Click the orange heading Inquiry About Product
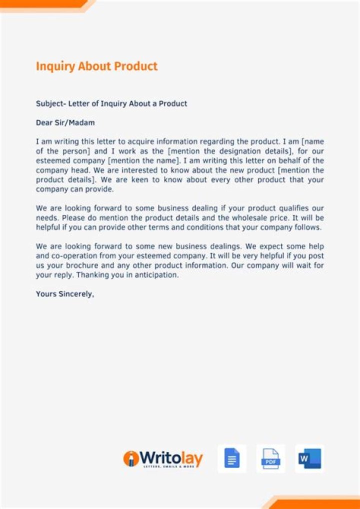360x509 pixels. pos(96,66)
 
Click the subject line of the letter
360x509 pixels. pos(111,103)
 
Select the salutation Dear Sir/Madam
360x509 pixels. pos(65,122)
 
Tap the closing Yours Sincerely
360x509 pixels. pos(65,294)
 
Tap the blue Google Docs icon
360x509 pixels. pos(232,458)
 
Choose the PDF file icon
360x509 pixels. pos(271,458)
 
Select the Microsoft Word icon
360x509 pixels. pos(309,458)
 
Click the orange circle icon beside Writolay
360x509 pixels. pos(131,458)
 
